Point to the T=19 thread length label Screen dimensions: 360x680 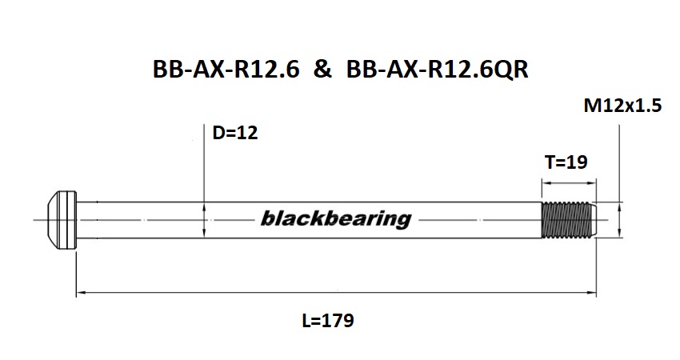(x=566, y=162)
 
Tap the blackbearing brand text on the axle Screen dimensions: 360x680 (x=335, y=218)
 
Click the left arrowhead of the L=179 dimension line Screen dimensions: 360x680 (x=80, y=294)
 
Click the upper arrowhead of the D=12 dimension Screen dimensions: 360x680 (x=206, y=206)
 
